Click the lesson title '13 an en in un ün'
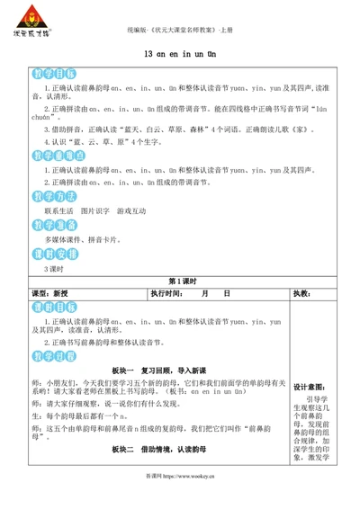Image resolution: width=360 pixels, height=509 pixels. click(180, 54)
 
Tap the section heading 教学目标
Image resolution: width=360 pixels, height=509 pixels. click(49, 74)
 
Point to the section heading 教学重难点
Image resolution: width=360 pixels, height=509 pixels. click(53, 154)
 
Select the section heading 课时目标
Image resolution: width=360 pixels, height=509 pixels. click(49, 308)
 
